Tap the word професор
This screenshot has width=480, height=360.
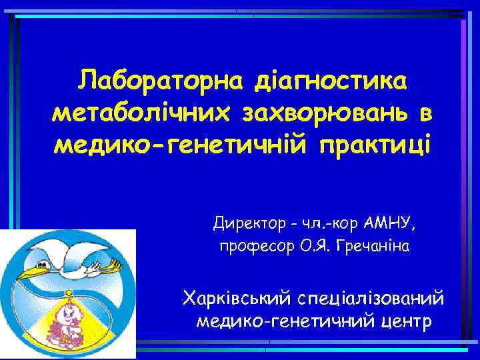tap(253, 247)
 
